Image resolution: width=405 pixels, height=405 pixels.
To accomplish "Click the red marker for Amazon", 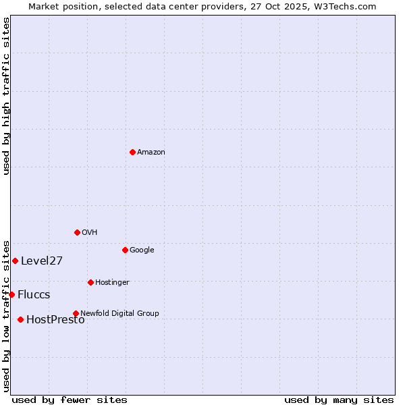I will tap(132, 152).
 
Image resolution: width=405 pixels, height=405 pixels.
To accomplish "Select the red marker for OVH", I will tap(77, 232).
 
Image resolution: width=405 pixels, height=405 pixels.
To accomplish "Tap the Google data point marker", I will tap(125, 250).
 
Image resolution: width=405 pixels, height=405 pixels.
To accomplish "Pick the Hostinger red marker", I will tap(90, 282).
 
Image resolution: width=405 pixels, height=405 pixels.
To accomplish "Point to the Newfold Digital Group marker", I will tap(76, 313).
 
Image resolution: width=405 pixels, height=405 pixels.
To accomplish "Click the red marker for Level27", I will tap(15, 261).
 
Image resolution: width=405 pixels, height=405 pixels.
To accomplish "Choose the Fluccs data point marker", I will tap(11, 294).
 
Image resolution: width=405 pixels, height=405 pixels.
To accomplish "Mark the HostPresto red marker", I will tap(20, 319).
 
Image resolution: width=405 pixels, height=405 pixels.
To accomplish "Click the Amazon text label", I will tap(151, 153).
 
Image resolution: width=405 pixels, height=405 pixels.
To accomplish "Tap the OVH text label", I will tap(90, 233).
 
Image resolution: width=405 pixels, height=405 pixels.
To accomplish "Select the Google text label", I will tap(142, 250).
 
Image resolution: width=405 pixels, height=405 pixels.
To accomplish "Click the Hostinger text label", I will tap(112, 282).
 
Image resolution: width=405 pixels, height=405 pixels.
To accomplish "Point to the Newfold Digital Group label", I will tap(119, 313).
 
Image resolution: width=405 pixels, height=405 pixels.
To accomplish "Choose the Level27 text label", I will tap(42, 261).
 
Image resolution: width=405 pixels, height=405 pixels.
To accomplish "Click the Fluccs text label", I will tap(34, 295).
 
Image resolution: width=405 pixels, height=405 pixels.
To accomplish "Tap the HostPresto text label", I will tap(55, 320).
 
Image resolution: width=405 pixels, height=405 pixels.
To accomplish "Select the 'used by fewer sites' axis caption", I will tap(70, 400).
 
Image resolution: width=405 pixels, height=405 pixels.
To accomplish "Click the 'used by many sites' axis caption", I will tap(339, 400).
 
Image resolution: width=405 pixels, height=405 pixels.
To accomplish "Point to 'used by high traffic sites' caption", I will tap(6, 96).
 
